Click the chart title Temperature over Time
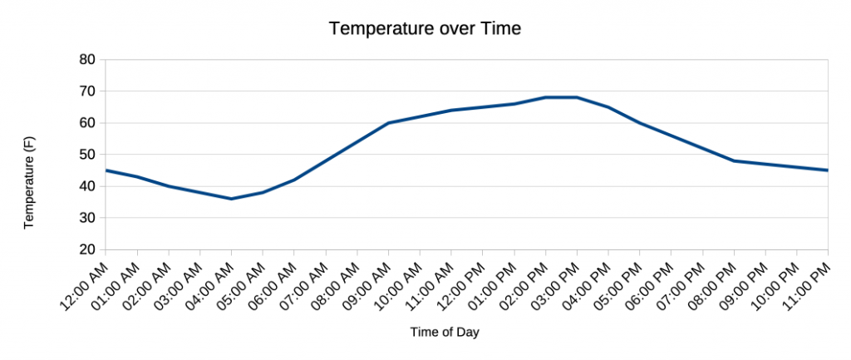point(425,28)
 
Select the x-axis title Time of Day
point(445,332)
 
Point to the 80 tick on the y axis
point(87,60)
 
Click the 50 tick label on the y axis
point(87,155)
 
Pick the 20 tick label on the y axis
point(87,249)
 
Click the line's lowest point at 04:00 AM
point(231,199)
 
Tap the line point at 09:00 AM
point(388,123)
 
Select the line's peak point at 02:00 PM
point(545,97)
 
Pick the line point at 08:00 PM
point(734,160)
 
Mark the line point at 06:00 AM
point(294,180)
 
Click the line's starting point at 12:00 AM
point(106,170)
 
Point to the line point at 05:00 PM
point(640,123)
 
